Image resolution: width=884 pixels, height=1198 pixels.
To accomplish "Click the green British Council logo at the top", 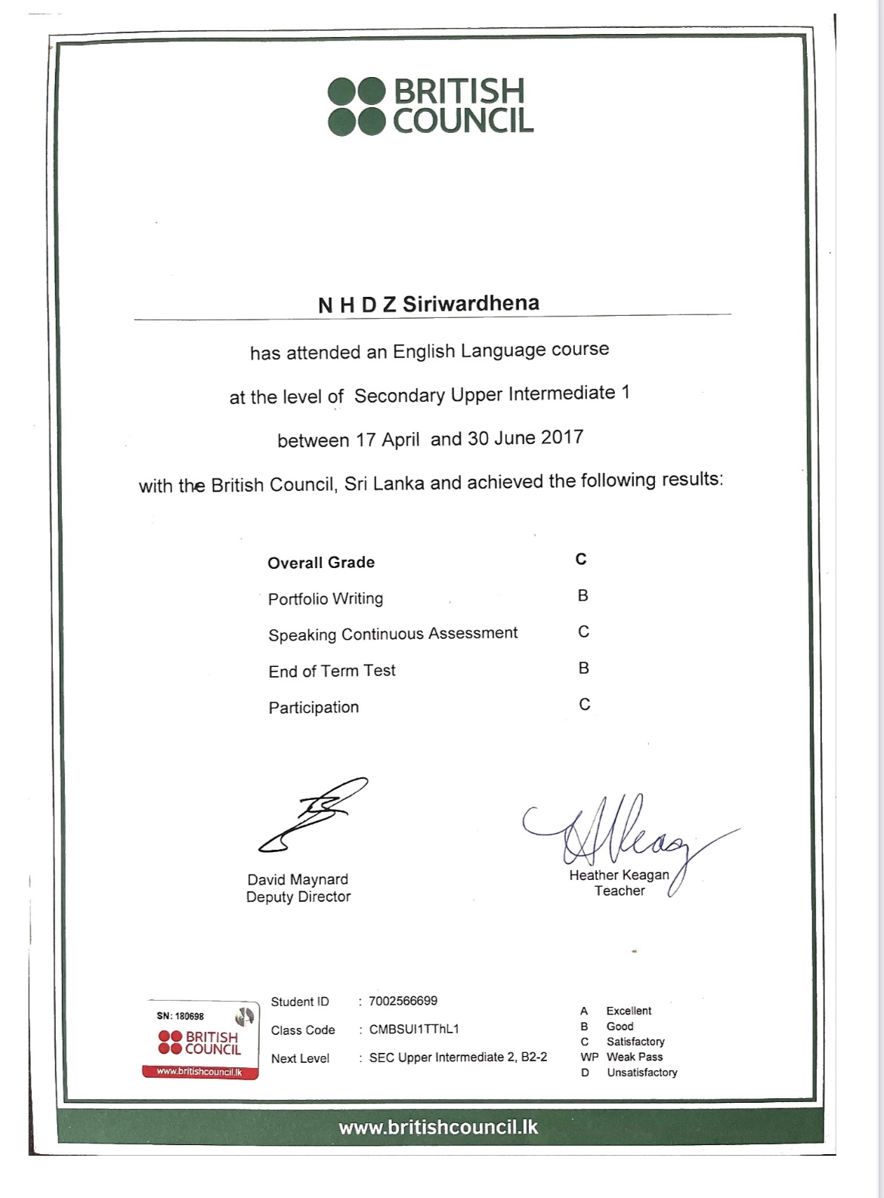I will click(431, 107).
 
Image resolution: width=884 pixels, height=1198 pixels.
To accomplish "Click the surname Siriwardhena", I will click(471, 304).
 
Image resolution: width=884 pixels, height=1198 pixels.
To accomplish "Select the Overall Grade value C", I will click(581, 559).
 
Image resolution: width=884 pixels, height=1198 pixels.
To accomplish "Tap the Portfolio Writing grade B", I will click(583, 595).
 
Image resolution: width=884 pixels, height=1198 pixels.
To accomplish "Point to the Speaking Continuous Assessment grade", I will click(583, 631).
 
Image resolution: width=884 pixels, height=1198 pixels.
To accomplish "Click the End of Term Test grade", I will click(583, 668).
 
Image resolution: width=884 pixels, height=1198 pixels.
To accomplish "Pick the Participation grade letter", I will click(584, 704).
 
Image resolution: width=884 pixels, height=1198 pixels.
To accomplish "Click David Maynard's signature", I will click(311, 816).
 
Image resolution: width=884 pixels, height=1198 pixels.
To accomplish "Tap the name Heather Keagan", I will click(619, 875).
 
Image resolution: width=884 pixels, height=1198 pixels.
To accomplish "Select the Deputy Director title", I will click(298, 897).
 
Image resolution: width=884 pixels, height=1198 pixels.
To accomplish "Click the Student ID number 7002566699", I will click(403, 1001).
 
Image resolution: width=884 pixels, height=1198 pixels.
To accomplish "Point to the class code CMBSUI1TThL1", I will click(414, 1029).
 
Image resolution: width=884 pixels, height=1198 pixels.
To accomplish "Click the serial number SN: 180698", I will click(180, 1016).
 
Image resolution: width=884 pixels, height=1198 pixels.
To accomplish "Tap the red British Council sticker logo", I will click(200, 1043).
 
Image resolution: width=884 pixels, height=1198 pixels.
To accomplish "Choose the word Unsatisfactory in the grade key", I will click(641, 1072).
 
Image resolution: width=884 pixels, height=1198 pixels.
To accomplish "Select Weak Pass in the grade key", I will click(634, 1057).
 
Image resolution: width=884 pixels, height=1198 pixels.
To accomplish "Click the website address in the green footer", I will click(438, 1127).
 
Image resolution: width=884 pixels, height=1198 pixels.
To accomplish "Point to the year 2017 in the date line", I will click(562, 437).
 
